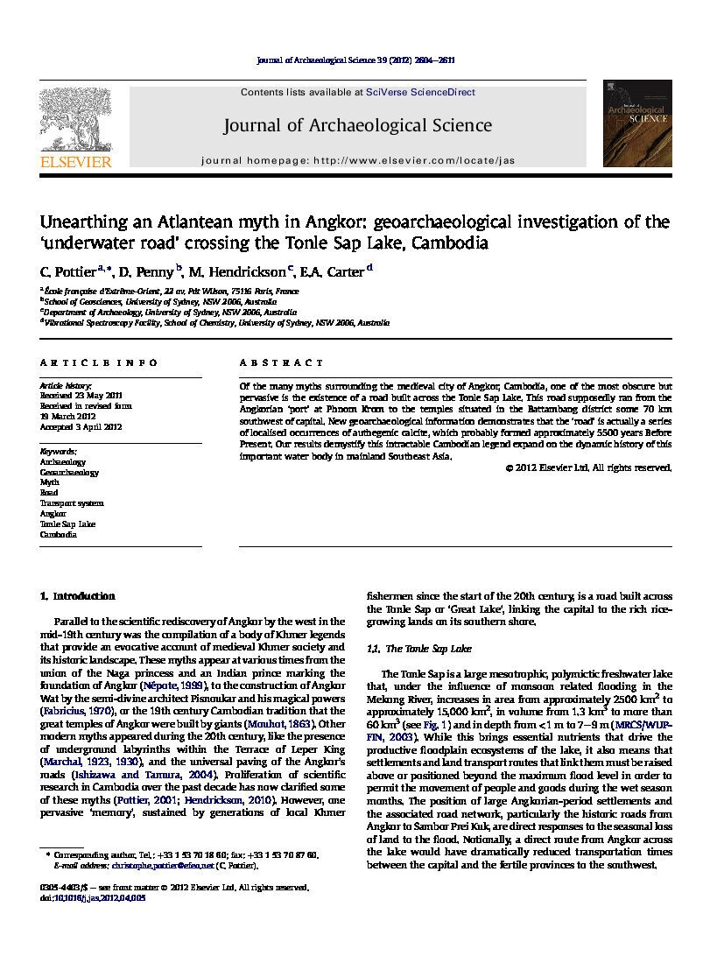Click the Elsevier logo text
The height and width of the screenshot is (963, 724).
pos(75,162)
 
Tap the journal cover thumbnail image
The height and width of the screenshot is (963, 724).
pos(636,123)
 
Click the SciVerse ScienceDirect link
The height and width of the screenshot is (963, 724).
pos(420,92)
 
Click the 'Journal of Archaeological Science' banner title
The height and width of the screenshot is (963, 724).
pos(357,126)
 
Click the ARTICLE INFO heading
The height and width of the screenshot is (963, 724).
pos(99,362)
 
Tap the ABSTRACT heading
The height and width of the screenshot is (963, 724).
pos(282,362)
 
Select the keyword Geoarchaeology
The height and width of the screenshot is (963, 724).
pos(69,472)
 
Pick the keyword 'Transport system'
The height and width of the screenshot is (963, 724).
pos(72,503)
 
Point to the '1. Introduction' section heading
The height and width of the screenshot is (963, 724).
pos(78,596)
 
